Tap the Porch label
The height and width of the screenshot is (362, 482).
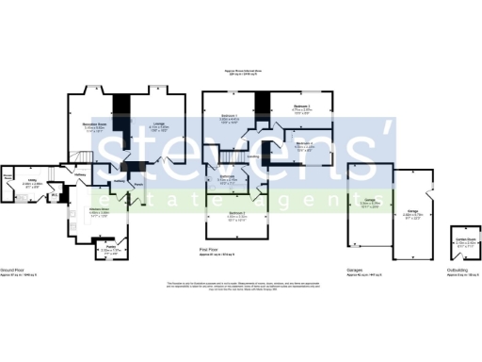137,184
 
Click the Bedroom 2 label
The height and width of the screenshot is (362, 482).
235,214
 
